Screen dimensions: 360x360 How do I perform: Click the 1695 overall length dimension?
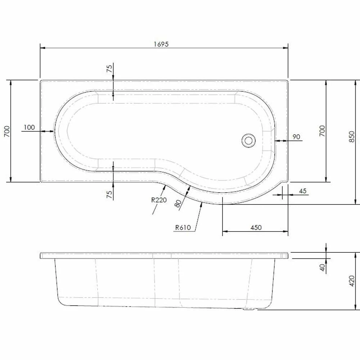pos(161,44)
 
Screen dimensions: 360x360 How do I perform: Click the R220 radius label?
pos(159,200)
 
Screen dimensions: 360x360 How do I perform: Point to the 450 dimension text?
pos(256,228)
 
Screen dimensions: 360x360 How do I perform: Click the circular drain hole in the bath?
pos(248,140)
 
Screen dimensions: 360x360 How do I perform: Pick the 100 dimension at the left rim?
pos(29,127)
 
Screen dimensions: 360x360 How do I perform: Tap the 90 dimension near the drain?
pos(296,136)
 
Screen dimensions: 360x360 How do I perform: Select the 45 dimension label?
pos(303,191)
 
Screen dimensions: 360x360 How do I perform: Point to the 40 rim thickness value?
pos(323,267)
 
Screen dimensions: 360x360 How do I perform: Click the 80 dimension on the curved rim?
pos(177,203)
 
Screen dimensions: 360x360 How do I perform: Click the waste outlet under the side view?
pos(249,309)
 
